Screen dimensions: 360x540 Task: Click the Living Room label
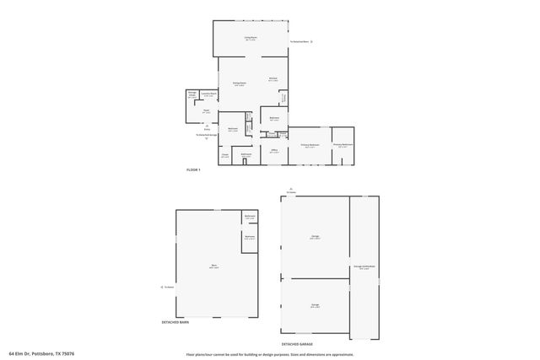[251, 39]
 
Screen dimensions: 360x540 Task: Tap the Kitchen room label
[273, 80]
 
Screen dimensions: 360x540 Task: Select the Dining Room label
[239, 83]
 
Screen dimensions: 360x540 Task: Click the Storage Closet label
[192, 95]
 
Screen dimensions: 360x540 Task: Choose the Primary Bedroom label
[310, 145]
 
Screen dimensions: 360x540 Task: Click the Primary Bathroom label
[343, 145]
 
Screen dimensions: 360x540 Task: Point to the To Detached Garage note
[208, 135]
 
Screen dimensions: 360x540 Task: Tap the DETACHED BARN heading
[175, 322]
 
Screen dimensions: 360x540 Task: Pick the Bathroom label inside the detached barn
[250, 217]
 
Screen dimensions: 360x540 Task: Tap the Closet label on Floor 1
[225, 155]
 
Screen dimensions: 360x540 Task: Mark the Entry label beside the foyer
[207, 129]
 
